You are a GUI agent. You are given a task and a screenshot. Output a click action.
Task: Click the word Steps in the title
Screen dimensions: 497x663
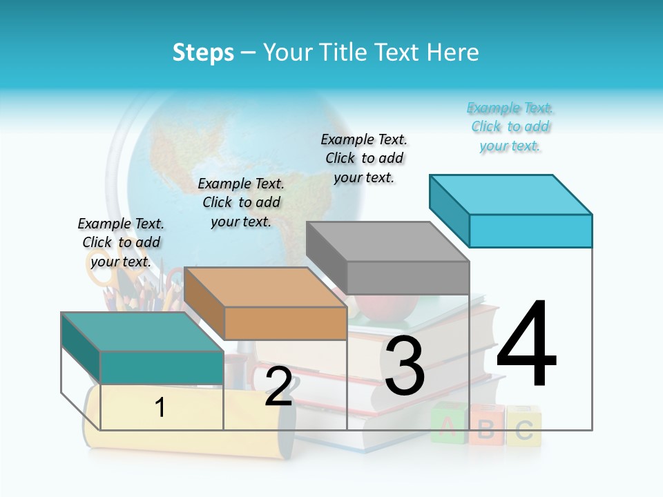203,52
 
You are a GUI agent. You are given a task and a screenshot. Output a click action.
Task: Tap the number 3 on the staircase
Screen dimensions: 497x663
405,366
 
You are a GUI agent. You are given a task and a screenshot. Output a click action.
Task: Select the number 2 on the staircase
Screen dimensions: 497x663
278,387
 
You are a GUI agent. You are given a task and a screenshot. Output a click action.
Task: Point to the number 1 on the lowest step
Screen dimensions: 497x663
160,408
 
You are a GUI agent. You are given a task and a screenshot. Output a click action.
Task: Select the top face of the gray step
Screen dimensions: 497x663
387,242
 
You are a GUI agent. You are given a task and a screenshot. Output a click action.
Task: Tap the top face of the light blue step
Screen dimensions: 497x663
510,195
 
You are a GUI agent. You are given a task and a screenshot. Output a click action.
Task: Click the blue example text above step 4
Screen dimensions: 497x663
510,127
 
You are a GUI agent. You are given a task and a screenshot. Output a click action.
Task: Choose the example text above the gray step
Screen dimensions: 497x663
364,158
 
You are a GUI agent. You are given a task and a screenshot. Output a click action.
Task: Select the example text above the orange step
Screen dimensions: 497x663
241,202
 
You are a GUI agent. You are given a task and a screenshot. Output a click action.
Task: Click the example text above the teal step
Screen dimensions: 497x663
121,242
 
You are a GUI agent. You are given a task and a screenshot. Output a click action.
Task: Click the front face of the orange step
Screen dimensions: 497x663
285,323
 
